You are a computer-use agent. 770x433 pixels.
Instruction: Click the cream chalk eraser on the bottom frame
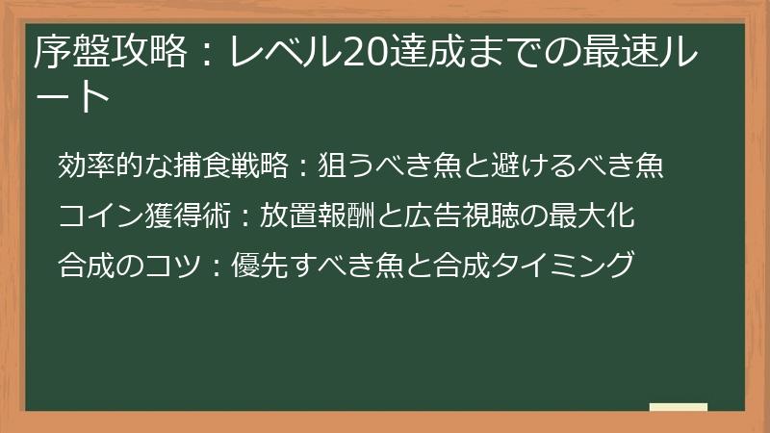click(x=678, y=408)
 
